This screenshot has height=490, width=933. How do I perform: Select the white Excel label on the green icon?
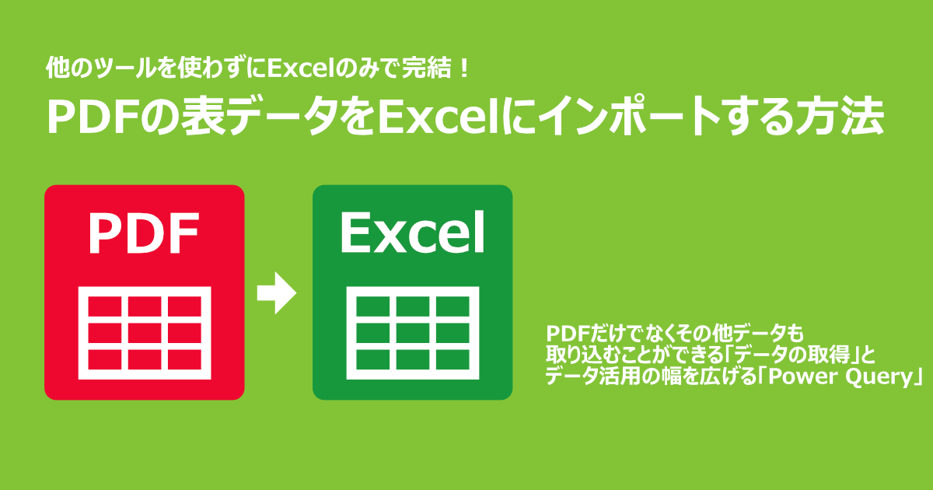(x=412, y=233)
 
